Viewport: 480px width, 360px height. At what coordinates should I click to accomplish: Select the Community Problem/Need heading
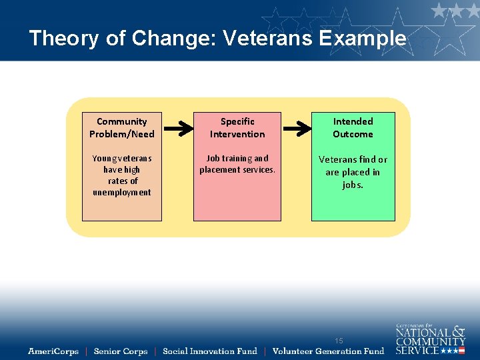[122, 127]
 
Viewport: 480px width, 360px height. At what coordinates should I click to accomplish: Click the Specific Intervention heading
[237, 127]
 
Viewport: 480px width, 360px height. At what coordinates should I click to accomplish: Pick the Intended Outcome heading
[353, 127]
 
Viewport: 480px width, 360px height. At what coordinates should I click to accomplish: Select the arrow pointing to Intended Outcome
[295, 127]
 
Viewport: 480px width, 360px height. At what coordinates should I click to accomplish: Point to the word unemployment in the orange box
[122, 193]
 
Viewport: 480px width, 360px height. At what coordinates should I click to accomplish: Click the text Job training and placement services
[237, 164]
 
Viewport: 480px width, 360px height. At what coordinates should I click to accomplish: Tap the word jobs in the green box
[352, 185]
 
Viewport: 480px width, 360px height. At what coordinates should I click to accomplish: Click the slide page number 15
[339, 341]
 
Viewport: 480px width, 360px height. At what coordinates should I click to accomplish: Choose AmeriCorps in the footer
[53, 351]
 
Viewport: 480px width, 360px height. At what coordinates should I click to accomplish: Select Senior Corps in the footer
[121, 351]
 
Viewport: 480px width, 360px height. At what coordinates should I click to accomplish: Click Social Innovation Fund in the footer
[209, 351]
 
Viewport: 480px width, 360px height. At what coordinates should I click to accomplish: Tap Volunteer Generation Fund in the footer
[328, 351]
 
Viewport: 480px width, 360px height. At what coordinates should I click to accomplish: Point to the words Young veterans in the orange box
[122, 159]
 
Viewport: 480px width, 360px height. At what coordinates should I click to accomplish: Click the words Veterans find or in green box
[353, 159]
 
